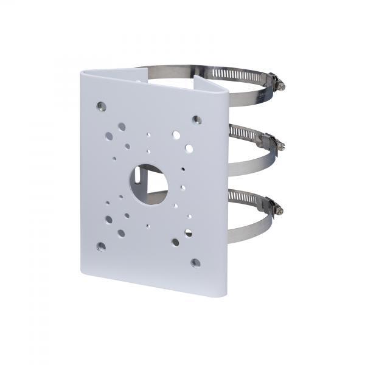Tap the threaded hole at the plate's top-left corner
102,106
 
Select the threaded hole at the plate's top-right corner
197,120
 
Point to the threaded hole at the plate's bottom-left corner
101,246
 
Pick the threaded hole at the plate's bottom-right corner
195,263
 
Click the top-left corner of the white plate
82,72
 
